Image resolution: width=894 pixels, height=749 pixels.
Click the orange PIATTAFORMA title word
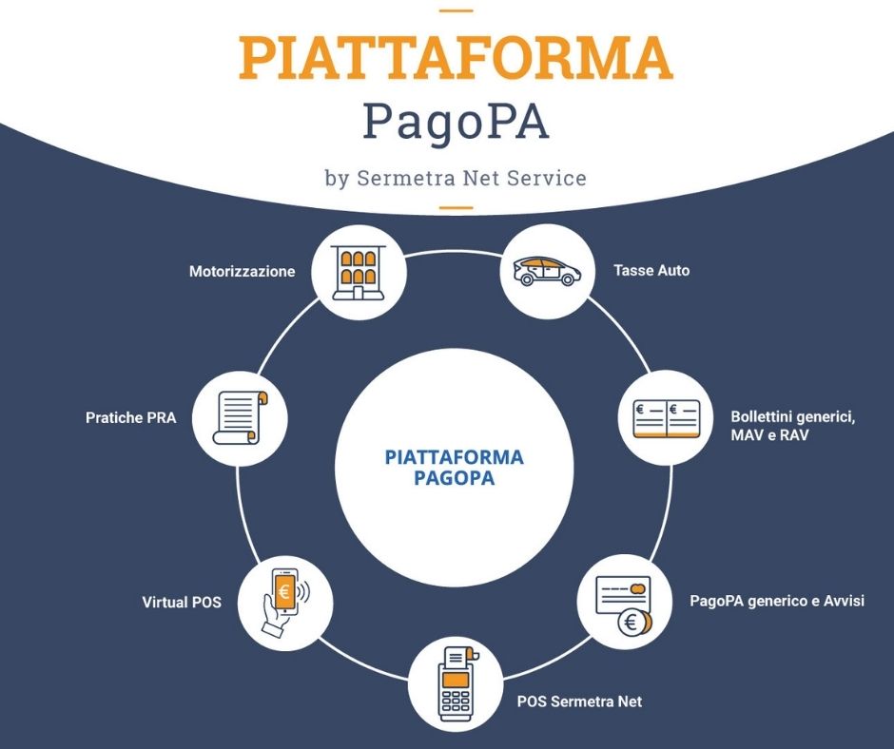(456, 58)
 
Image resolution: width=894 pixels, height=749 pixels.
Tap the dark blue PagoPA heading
(456, 124)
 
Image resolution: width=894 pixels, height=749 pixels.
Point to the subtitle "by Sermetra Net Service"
(456, 178)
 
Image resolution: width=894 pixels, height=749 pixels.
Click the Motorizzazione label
(242, 271)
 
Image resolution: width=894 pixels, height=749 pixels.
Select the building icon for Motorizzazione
(358, 272)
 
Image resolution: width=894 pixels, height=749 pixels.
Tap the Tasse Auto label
(651, 270)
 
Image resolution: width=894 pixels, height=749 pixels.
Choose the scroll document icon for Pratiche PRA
(240, 418)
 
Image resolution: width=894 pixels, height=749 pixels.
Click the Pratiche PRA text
(130, 418)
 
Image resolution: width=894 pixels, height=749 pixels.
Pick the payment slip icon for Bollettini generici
(666, 418)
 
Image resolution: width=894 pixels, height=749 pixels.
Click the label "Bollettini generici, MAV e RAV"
(792, 426)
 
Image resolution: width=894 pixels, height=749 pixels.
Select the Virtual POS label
(182, 602)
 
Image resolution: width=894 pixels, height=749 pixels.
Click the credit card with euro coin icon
(624, 605)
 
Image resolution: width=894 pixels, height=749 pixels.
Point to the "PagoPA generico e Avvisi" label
(777, 601)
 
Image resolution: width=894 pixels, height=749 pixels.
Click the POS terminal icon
(457, 682)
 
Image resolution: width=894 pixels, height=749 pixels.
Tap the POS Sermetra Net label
(579, 701)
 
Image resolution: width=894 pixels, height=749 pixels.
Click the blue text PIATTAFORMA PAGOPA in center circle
(455, 468)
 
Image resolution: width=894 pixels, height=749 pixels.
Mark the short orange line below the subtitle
(457, 207)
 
